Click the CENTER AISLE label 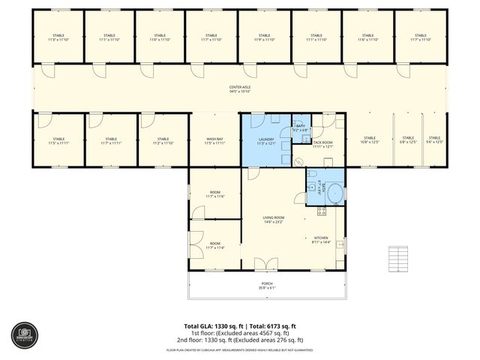[x=240, y=88]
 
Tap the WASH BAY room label [x=215, y=139]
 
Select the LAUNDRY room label [x=266, y=139]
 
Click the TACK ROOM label [x=322, y=142]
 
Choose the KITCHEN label [x=320, y=238]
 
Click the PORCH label [x=267, y=283]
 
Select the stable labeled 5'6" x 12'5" [x=434, y=139]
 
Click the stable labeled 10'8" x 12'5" [x=369, y=139]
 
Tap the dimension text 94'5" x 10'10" [x=240, y=93]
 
